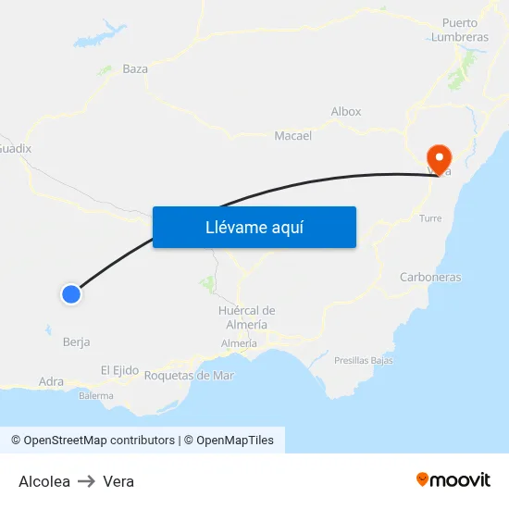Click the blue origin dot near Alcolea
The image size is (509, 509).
point(70,294)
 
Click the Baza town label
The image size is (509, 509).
point(135,69)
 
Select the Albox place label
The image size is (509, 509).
point(346,112)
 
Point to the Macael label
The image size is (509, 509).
point(292,136)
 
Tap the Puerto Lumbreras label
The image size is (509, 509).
point(460,30)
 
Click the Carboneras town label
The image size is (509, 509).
point(430,277)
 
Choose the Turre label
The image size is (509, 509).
point(430,218)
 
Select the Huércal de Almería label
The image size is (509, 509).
point(247,317)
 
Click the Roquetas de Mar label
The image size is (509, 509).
point(190,376)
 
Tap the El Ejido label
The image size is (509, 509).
point(119,370)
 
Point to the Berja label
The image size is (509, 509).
point(76,341)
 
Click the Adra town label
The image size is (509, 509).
point(51,381)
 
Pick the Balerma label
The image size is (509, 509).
point(96,396)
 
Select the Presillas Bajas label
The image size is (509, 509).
point(364,360)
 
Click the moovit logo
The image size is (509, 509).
point(453,479)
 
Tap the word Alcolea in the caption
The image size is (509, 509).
point(44,481)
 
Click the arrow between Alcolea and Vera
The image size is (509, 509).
point(86,481)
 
